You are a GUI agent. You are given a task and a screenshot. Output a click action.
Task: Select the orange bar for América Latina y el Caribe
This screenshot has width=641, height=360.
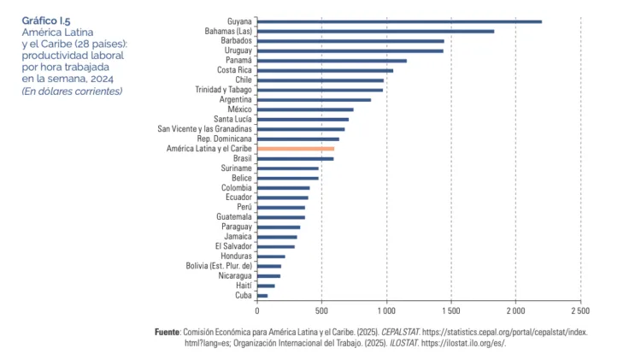coord(295,149)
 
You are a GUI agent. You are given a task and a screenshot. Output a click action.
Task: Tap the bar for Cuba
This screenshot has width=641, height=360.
coord(262,296)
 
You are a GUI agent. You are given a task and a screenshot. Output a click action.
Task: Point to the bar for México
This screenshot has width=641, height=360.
coord(305,109)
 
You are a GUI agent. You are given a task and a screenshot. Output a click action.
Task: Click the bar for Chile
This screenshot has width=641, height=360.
coord(320,80)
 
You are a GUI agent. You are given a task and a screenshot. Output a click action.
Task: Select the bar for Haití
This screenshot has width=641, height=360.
coord(266,286)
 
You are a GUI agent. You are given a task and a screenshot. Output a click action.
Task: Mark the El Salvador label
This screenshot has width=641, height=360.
coord(233,246)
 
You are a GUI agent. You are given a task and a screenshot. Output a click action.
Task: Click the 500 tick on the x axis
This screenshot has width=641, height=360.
coord(322,310)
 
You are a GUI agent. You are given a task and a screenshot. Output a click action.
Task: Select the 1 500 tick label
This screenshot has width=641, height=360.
coord(450,310)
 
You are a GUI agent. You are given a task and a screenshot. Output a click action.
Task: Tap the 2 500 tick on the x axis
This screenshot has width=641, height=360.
coord(580,310)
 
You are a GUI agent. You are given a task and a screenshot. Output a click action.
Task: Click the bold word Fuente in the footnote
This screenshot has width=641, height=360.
coord(168,331)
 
